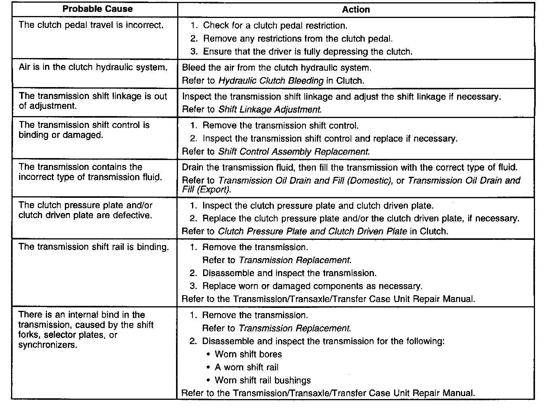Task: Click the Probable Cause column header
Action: tap(97, 9)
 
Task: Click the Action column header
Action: tap(356, 10)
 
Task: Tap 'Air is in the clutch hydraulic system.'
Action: tap(93, 67)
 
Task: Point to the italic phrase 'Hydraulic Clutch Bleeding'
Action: tap(271, 81)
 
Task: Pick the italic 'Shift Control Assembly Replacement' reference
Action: tap(293, 152)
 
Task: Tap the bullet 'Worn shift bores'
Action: tap(248, 354)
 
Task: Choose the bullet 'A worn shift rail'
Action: tap(246, 367)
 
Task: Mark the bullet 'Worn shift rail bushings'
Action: tap(263, 380)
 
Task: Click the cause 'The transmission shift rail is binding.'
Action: tap(94, 247)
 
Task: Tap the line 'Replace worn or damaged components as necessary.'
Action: tap(312, 286)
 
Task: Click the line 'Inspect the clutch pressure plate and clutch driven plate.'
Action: tap(318, 206)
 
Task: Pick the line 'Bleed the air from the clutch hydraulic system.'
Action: tap(276, 68)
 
